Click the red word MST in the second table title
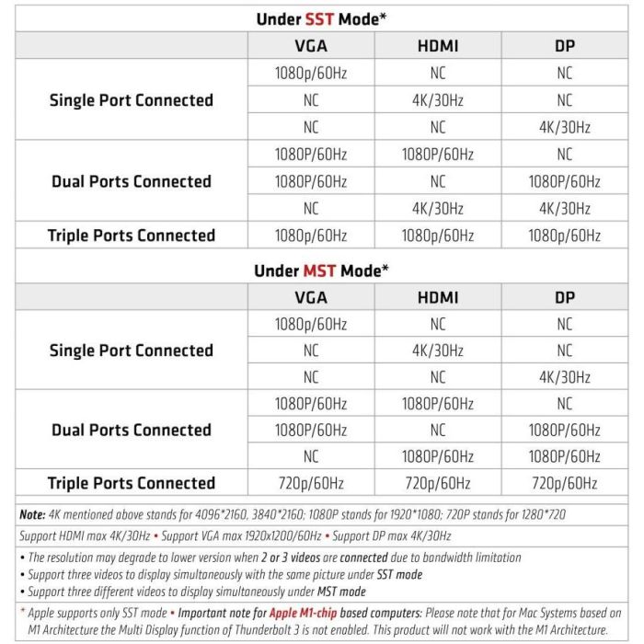click(320, 270)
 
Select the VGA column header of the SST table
click(310, 45)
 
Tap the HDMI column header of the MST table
click(437, 297)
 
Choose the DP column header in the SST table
click(564, 45)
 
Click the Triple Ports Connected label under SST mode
click(132, 236)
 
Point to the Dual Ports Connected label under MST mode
click(132, 430)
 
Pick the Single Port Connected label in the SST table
click(132, 100)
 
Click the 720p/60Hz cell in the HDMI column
click(437, 483)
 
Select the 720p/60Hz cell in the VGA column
click(310, 483)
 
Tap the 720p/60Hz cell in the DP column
click(564, 483)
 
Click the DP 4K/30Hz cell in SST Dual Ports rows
click(564, 208)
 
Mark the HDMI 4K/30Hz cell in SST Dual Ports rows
click(437, 208)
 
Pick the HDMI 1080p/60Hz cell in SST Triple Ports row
click(437, 236)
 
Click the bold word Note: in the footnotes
click(33, 515)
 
